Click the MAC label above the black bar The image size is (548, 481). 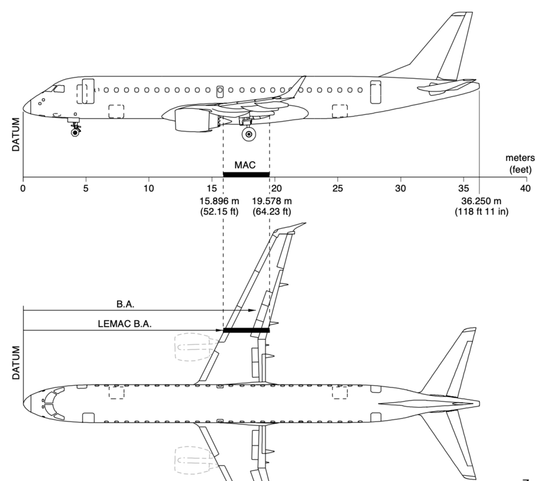coord(246,164)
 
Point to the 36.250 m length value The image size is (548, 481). coord(480,201)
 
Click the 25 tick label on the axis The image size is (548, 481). coord(338,188)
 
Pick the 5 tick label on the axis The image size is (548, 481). coord(86,188)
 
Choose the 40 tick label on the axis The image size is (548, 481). coord(526,188)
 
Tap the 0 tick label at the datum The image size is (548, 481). coord(23,188)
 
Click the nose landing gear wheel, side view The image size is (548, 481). coord(76,132)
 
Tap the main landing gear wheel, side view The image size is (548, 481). coord(249,134)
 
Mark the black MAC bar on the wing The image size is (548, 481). coord(246,330)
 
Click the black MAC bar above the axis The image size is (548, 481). coord(246,174)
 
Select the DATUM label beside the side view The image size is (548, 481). coord(16,133)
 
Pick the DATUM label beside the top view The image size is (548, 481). coord(16,362)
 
